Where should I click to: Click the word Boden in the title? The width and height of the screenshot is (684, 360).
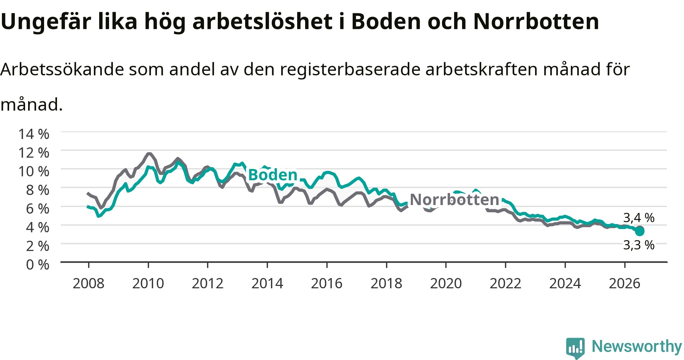pos(386,21)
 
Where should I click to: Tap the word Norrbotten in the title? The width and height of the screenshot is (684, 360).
pos(536,21)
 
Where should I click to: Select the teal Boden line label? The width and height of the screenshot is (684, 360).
pos(272,175)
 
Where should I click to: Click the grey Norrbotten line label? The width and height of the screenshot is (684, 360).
pos(454,199)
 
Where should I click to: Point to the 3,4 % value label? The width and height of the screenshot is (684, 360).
pos(639,218)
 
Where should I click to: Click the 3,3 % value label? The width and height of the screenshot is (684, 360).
pos(639,245)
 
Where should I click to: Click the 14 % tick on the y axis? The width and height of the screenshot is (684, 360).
pos(34,134)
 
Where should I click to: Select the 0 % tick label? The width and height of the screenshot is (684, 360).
pos(38,264)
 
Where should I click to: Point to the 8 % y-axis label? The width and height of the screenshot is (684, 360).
pos(38,189)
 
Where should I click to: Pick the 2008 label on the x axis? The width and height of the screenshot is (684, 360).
pos(89,283)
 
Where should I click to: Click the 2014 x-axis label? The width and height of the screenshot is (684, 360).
pos(267,283)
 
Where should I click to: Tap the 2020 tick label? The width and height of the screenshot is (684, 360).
pos(446,283)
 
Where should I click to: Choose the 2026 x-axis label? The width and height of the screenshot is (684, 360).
pos(625,283)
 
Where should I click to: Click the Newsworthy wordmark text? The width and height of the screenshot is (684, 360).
pos(637,346)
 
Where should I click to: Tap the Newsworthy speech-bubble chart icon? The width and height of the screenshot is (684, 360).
pos(575,348)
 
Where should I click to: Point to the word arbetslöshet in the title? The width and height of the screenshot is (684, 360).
pos(262,21)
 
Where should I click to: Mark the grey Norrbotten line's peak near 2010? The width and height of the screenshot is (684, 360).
pos(149,154)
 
